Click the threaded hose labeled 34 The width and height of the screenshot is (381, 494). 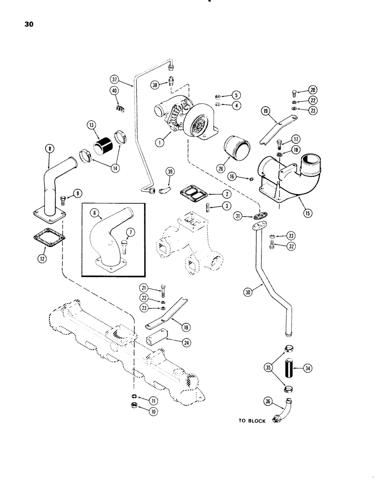click(x=289, y=368)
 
